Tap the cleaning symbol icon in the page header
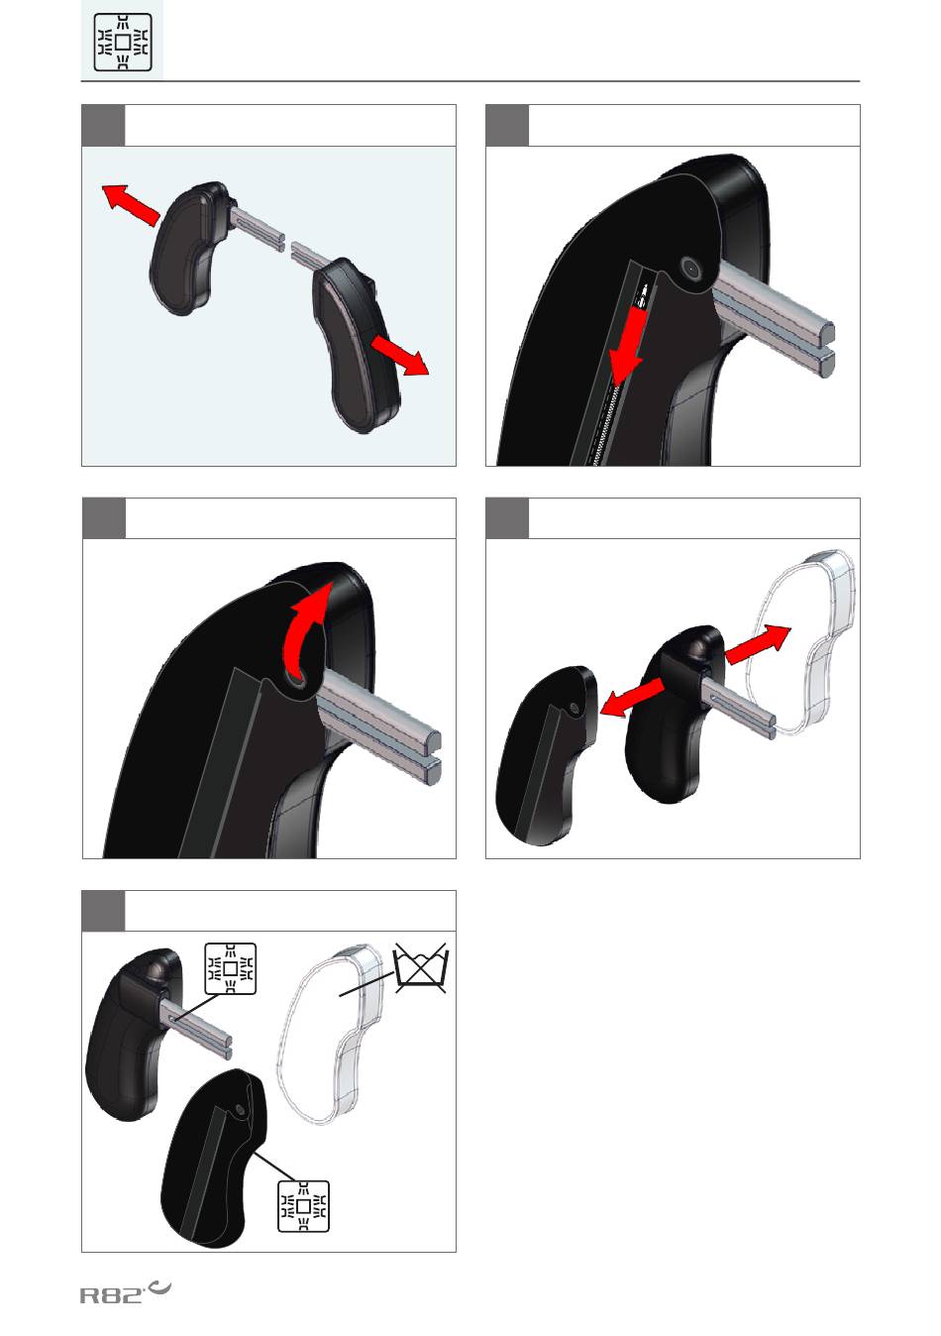123,42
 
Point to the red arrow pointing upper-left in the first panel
131,204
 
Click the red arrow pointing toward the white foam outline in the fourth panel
758,645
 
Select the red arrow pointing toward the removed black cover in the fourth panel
632,697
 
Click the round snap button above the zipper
690,268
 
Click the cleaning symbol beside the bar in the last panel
230,968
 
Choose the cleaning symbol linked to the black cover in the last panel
303,1206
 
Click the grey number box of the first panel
103,125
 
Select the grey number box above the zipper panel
507,125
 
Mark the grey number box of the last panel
103,911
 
